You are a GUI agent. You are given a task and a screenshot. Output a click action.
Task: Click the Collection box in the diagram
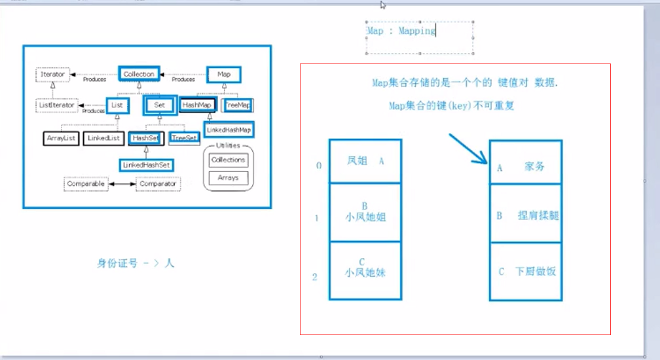(139, 74)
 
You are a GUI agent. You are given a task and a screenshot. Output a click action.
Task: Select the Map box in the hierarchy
(223, 74)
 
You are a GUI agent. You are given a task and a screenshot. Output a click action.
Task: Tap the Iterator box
(52, 75)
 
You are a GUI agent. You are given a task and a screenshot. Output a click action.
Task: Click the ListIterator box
(56, 104)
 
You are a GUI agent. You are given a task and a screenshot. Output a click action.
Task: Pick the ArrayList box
(62, 138)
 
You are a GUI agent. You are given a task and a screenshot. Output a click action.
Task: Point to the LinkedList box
(103, 138)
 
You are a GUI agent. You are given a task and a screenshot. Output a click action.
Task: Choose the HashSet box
(145, 138)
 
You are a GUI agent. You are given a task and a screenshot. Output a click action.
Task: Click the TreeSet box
(184, 137)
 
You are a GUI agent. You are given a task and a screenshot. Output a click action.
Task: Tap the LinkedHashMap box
(228, 130)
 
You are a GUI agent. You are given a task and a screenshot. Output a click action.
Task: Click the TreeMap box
(238, 105)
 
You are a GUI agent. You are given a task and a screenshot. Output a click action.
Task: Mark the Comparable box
(86, 184)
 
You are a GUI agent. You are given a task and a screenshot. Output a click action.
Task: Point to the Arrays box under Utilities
(228, 177)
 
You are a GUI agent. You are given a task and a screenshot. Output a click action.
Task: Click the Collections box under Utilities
(228, 160)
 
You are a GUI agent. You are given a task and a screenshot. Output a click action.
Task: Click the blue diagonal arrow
(467, 149)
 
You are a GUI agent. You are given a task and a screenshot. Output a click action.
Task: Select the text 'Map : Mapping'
(401, 31)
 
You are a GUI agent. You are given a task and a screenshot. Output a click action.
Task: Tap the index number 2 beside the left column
(315, 277)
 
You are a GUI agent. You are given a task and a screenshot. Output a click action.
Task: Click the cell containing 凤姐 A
(365, 160)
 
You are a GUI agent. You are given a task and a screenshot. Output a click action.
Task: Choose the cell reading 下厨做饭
(526, 271)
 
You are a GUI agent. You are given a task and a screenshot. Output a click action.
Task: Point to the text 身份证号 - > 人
(136, 263)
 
